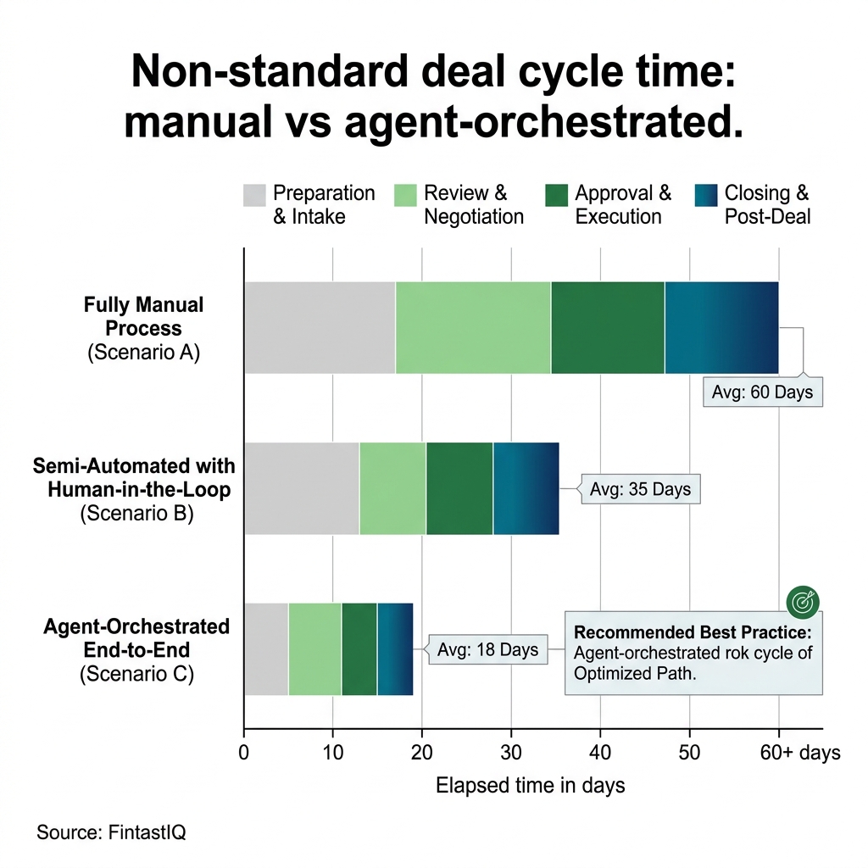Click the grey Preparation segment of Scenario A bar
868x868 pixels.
point(320,327)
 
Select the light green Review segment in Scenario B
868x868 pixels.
point(392,488)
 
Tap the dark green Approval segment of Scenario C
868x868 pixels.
point(359,649)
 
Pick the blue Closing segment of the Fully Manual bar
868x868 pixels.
point(721,327)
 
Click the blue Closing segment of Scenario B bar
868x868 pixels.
point(526,488)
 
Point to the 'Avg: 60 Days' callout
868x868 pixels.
point(762,392)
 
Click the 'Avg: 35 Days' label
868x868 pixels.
point(640,490)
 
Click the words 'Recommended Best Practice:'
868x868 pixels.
point(693,632)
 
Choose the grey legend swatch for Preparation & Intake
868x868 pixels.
point(254,195)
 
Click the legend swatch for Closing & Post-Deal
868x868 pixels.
point(705,195)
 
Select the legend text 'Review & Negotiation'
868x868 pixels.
point(473,204)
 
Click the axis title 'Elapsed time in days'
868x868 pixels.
point(530,786)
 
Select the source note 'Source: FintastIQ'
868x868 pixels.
point(111,832)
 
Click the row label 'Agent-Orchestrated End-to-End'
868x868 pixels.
point(136,638)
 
